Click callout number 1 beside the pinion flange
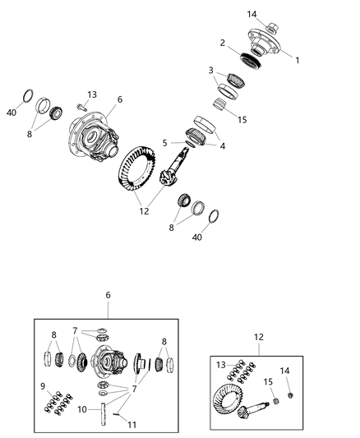[x=298, y=60]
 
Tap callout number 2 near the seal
[x=222, y=42]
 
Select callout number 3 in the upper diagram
[x=211, y=70]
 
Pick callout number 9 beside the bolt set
[x=44, y=386]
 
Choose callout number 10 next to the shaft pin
[x=82, y=408]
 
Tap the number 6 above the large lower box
[x=108, y=294]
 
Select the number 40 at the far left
[x=11, y=113]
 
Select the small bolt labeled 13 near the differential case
[x=81, y=106]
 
